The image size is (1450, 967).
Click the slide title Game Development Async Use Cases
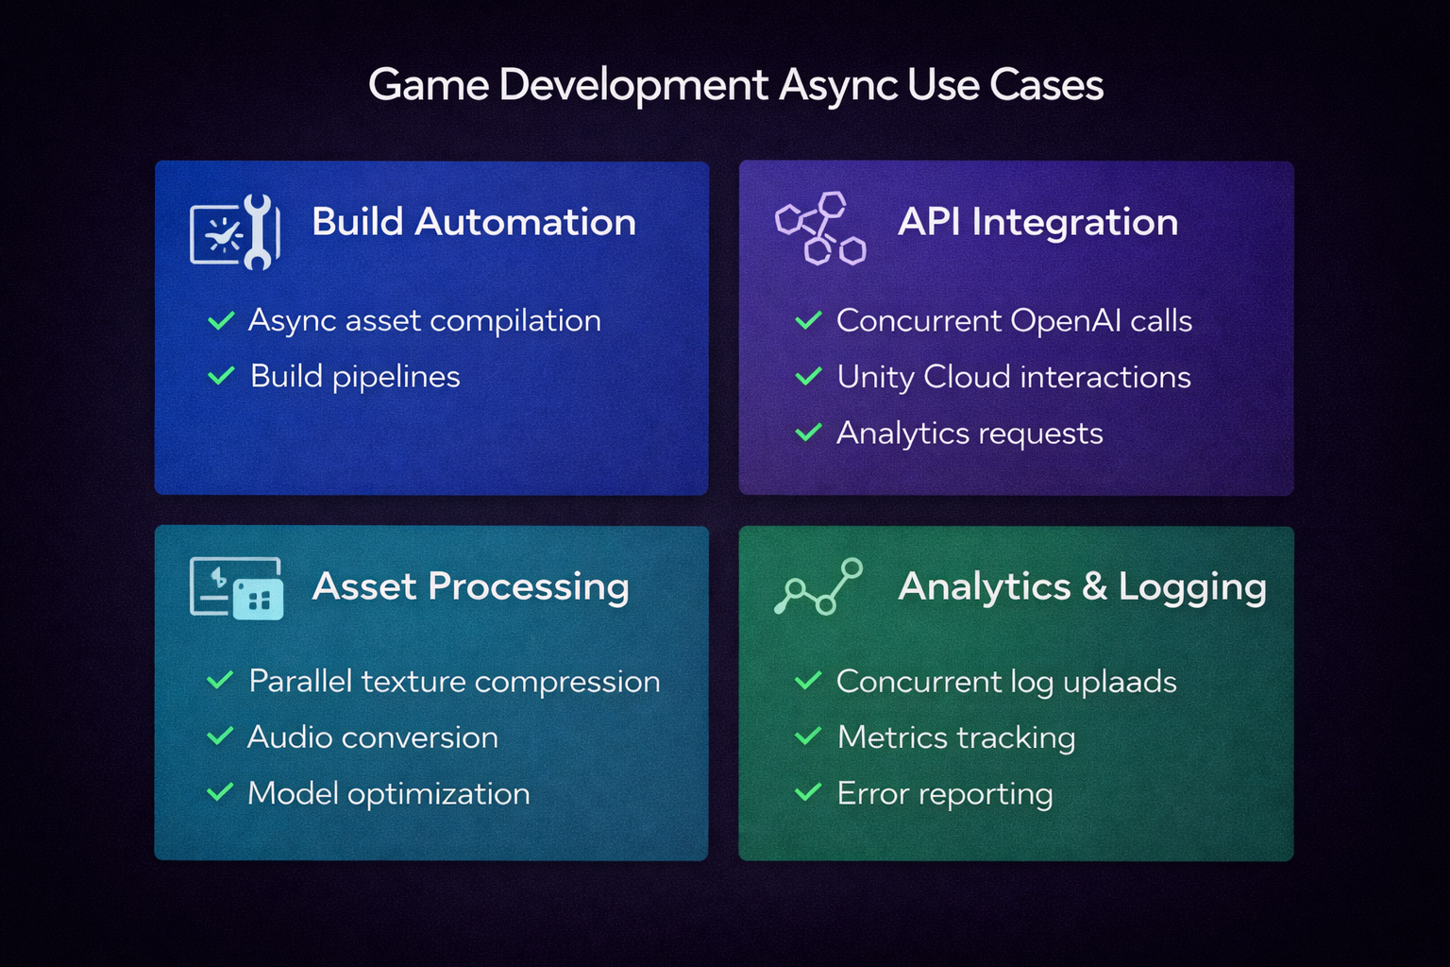[x=735, y=85]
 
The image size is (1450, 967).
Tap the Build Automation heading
[x=473, y=222]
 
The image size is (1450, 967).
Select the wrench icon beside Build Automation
[x=235, y=231]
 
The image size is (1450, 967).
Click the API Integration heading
[x=1037, y=222]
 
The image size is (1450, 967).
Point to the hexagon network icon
[x=819, y=229]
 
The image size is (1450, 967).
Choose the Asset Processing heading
[x=470, y=586]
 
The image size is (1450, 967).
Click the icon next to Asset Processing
[x=236, y=588]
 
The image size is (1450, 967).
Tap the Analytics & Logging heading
[x=1082, y=586]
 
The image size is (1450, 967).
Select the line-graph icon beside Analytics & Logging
[x=818, y=586]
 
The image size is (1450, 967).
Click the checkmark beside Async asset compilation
[x=221, y=321]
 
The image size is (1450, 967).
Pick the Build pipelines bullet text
[x=355, y=377]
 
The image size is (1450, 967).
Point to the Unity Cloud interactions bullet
[x=1013, y=377]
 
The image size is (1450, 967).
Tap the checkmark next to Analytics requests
[x=808, y=433]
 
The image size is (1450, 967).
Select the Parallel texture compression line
[x=454, y=681]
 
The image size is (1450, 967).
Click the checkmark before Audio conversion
[x=220, y=737]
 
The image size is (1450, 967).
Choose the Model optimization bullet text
[x=388, y=793]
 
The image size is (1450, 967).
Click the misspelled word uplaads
[x=1120, y=682]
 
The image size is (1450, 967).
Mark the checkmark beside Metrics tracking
[x=808, y=737]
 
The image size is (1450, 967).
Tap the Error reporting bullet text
[x=944, y=793]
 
